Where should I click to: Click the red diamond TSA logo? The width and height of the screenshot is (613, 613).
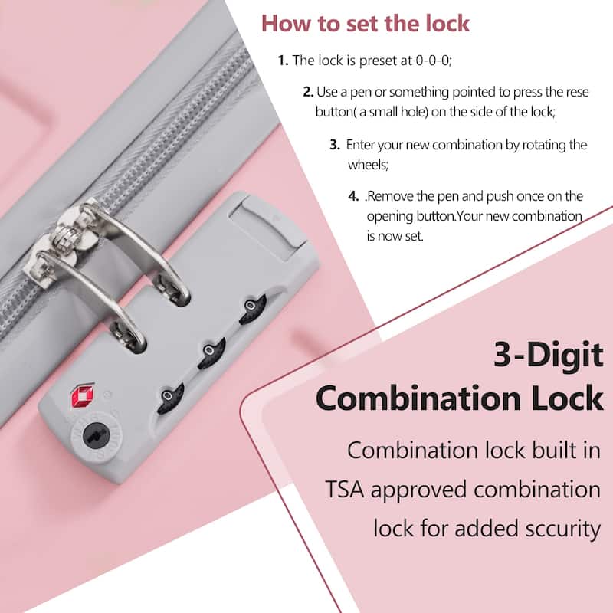click(82, 395)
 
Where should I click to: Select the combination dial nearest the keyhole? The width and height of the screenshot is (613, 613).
click(170, 398)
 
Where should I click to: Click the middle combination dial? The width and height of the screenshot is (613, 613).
click(211, 353)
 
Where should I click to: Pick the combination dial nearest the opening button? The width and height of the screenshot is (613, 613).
click(253, 310)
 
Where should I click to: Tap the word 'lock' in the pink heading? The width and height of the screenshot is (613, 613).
click(447, 24)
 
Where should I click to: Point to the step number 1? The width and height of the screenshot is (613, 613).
click(283, 61)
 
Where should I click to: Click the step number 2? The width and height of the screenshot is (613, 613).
click(308, 92)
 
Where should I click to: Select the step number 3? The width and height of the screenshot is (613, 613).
click(335, 145)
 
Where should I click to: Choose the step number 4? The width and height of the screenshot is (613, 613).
click(353, 196)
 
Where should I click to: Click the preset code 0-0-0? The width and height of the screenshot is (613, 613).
click(433, 61)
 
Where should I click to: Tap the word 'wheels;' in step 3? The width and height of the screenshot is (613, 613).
click(369, 165)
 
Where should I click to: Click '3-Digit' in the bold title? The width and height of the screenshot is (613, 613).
click(549, 355)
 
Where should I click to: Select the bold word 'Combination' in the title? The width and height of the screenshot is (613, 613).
click(418, 398)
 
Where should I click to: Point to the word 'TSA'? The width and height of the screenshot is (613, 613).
click(344, 490)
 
